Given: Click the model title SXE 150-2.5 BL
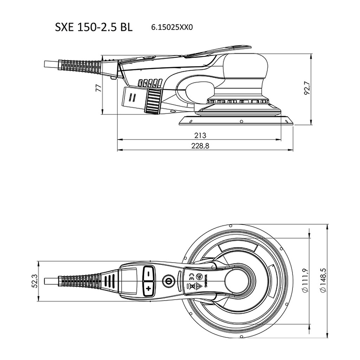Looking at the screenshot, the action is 94,27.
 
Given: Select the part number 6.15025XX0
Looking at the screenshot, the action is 172,27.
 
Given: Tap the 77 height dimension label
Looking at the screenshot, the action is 98,88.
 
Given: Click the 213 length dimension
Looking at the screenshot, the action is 200,135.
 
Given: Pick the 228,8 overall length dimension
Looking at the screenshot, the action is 200,146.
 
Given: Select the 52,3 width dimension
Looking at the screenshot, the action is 35,281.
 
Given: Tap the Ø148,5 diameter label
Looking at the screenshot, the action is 323,280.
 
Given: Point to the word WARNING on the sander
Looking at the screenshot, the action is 206,281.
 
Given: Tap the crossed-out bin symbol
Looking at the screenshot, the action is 192,286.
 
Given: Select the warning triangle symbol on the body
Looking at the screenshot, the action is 199,286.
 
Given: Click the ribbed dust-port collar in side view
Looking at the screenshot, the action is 153,101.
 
